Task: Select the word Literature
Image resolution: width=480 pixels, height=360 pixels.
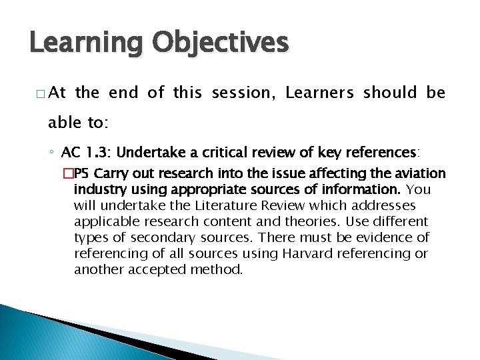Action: pyautogui.click(x=216, y=205)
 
